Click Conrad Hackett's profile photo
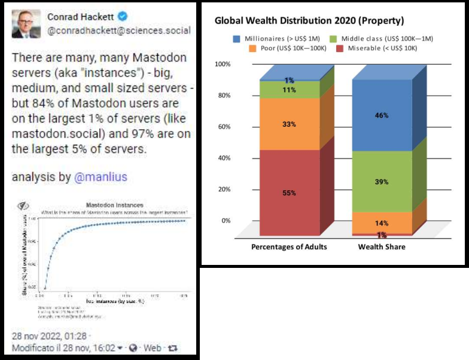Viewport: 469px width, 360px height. pos(26,23)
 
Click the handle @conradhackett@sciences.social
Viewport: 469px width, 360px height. pos(119,30)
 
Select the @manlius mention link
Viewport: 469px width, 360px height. pos(101,178)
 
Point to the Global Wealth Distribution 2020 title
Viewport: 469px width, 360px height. pos(309,20)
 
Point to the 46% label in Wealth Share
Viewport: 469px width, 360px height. pos(382,115)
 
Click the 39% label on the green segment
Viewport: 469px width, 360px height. pos(382,182)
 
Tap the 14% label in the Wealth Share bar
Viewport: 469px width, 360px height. pos(382,224)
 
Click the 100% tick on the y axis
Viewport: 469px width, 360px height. pos(223,64)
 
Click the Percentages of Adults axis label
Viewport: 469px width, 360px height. pos(289,247)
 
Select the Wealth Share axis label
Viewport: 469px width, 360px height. pos(382,247)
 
